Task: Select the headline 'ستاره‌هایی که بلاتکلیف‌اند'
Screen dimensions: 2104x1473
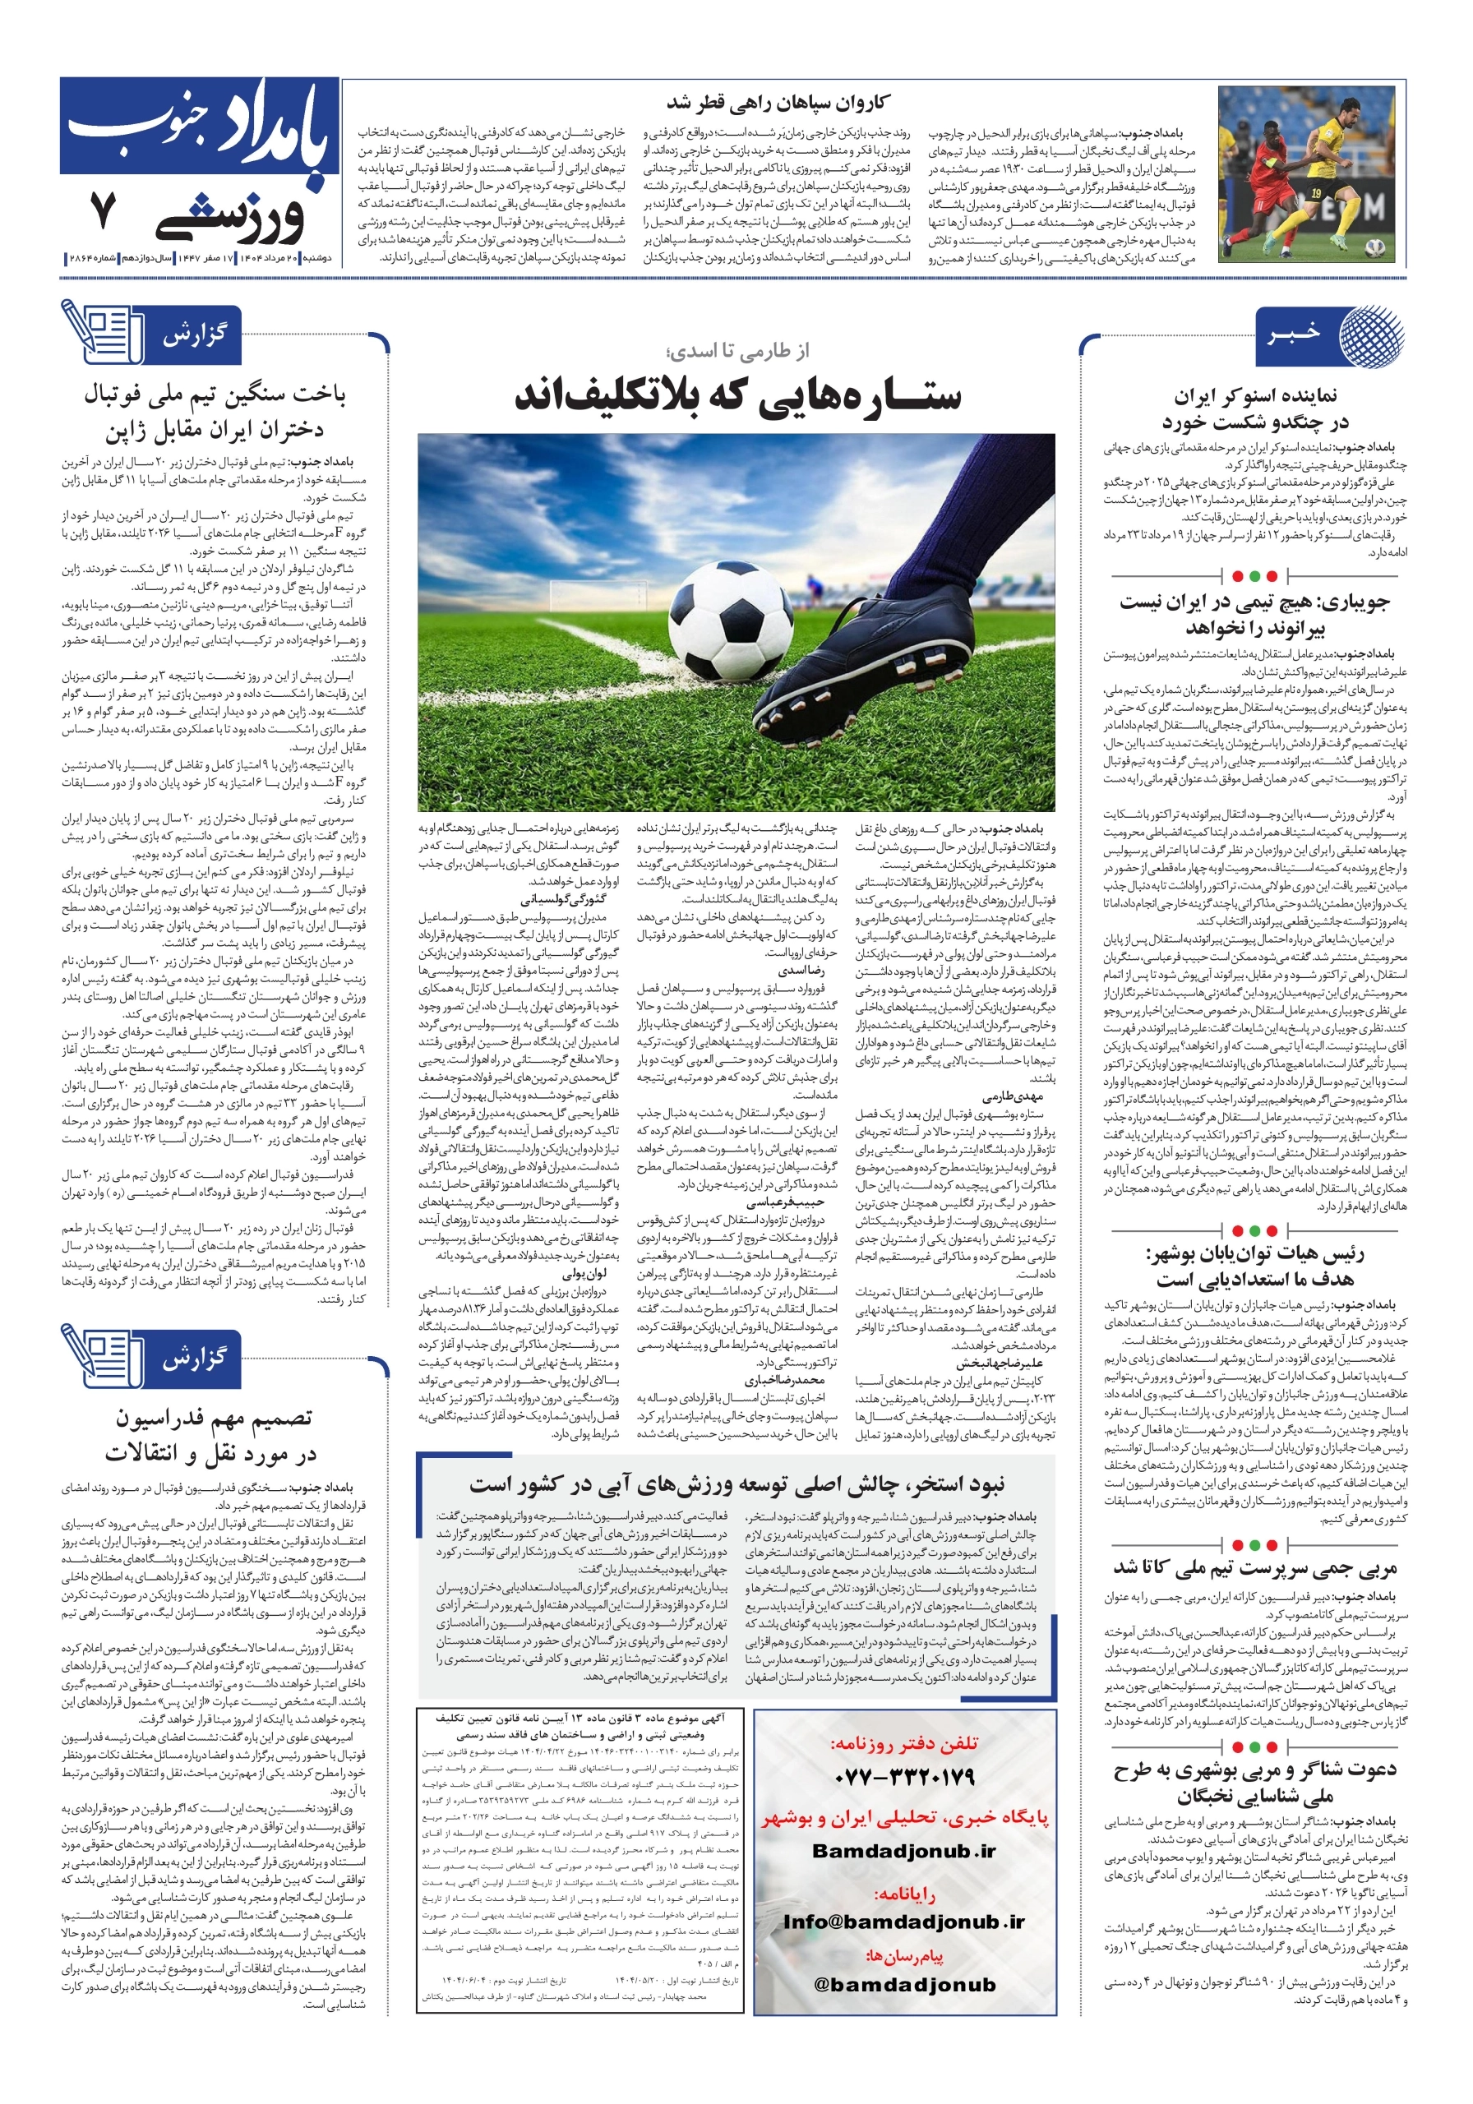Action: (737, 396)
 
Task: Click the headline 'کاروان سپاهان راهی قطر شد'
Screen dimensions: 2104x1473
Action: (777, 102)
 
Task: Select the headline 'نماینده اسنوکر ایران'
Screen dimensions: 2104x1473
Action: (1255, 396)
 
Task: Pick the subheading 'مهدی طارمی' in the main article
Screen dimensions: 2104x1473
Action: (1012, 1096)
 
